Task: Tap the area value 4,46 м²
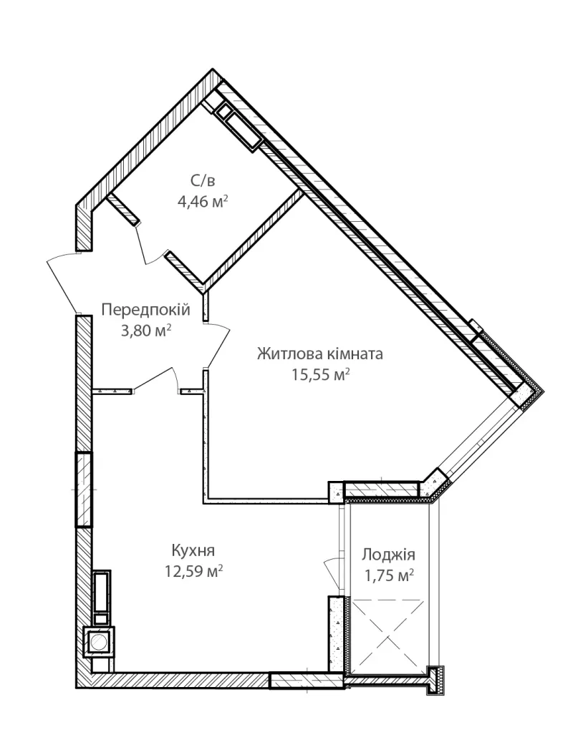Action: coord(203,202)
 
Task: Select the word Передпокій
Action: coord(146,310)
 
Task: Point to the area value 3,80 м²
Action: coord(146,331)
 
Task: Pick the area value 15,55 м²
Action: coord(321,375)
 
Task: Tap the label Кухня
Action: coord(193,550)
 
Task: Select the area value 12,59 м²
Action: coord(193,572)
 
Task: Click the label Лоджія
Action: coord(388,555)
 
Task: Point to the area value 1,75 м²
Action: coord(389,576)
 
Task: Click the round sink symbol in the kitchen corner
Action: coord(99,641)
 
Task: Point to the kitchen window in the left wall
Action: coord(84,490)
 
